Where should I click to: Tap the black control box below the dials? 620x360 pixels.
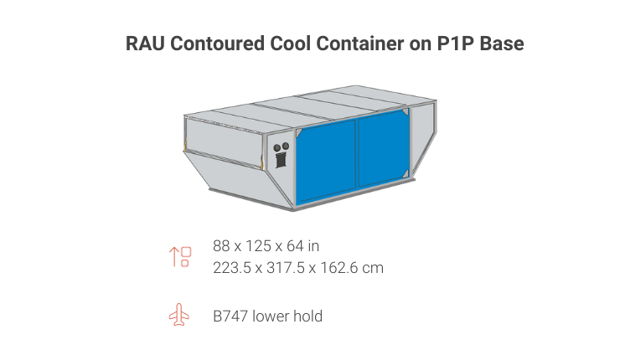(282, 162)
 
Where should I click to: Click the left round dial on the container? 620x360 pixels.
(277, 148)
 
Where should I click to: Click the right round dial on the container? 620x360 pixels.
(286, 147)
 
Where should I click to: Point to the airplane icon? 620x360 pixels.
(179, 316)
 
